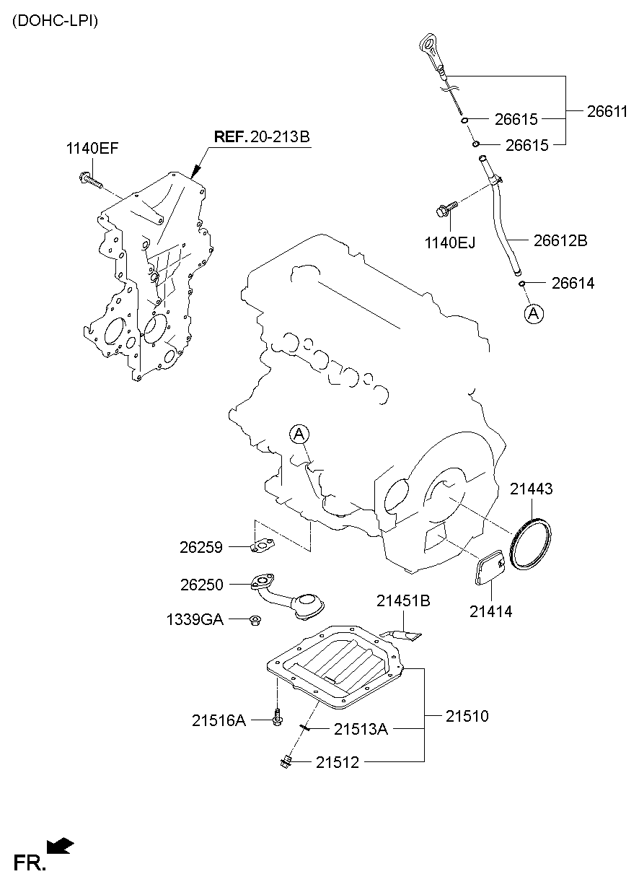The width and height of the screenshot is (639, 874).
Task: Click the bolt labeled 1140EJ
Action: (x=444, y=210)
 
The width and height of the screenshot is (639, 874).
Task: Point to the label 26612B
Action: (x=560, y=240)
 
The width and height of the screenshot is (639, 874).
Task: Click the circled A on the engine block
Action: (x=300, y=433)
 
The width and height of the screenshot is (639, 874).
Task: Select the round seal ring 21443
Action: (x=530, y=545)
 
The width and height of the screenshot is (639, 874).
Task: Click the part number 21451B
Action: (x=404, y=600)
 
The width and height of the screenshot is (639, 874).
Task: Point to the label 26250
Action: (x=201, y=584)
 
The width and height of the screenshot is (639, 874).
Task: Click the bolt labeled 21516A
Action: (x=278, y=718)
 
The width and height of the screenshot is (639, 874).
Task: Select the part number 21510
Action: (x=467, y=716)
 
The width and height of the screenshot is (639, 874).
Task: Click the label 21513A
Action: (x=361, y=729)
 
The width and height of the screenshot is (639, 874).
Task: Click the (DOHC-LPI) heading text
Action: (x=54, y=21)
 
